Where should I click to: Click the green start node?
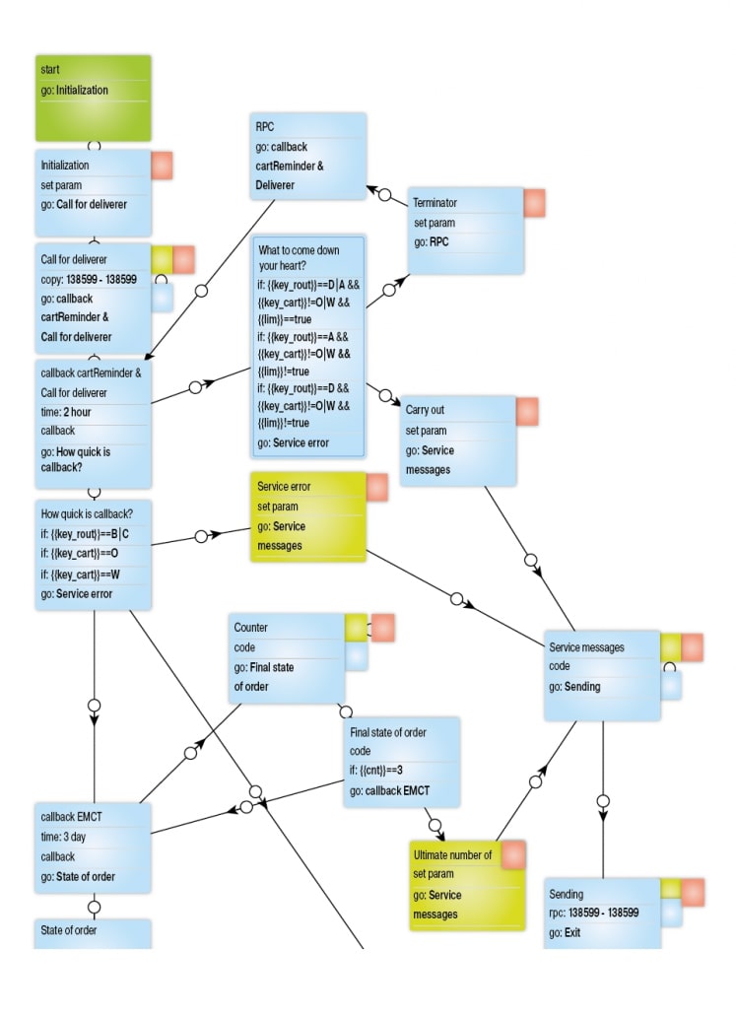tap(93, 97)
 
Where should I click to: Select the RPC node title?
tap(263, 127)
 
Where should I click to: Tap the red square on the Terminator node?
tap(534, 203)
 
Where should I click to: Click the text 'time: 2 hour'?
tap(66, 412)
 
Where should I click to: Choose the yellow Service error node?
tap(307, 516)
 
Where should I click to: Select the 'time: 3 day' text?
tap(63, 837)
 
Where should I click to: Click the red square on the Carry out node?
tap(527, 411)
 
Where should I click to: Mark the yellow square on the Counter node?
tap(356, 627)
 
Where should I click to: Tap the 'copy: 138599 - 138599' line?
tap(89, 280)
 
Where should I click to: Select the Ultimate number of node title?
tap(452, 855)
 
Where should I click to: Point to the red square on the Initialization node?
tap(162, 166)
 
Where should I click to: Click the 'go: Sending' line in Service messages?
tap(575, 686)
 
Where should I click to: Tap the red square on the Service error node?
tap(377, 487)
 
